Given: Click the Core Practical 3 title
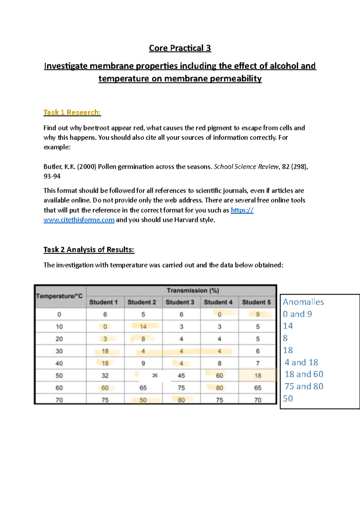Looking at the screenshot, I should pos(180,48).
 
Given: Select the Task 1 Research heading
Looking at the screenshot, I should pos(72,112).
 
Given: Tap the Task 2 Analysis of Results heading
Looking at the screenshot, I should pos(89,250).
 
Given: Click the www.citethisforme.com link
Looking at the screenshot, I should pos(79,220).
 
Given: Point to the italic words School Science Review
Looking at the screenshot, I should pos(246,167).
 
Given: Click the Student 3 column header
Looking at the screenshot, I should pos(180,302).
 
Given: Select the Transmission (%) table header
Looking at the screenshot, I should pos(193,290).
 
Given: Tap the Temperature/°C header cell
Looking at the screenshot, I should pos(59,296).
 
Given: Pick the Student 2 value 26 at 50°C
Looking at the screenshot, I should pos(155,375).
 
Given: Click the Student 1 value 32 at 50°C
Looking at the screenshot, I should pos(105,376).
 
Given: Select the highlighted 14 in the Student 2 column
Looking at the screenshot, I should pos(143,327).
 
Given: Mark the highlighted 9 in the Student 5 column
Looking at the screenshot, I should pos(258,314).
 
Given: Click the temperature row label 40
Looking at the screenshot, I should pos(59,363).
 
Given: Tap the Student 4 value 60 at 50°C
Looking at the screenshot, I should pos(220,376).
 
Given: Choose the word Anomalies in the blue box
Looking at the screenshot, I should pos(303,302).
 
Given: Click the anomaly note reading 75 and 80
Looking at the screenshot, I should pos(304,386).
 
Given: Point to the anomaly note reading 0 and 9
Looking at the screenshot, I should pos(297,314).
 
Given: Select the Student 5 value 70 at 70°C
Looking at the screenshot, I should pos(258,400).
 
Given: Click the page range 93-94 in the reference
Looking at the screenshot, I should pos(52,176).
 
